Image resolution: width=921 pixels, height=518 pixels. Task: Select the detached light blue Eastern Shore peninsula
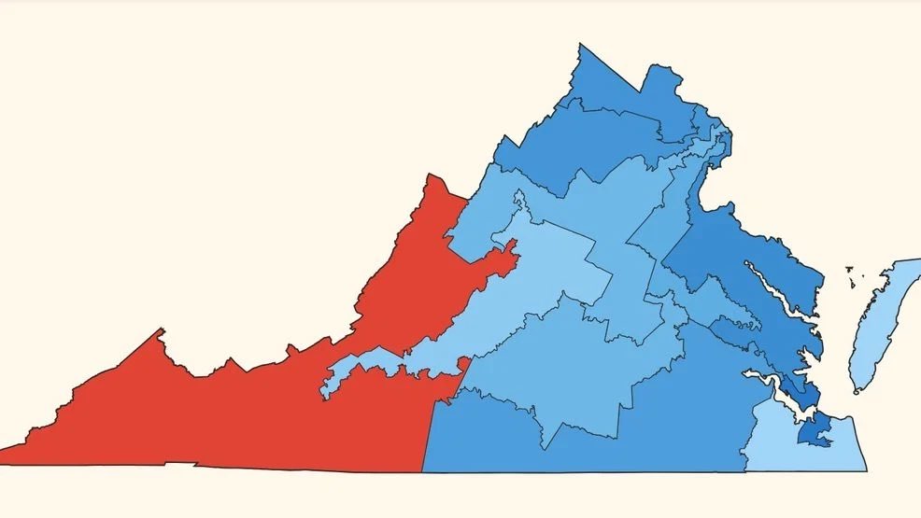tap(878, 317)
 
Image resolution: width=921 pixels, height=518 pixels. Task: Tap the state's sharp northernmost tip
tap(580, 44)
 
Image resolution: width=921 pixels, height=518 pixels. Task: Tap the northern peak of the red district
tap(432, 175)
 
